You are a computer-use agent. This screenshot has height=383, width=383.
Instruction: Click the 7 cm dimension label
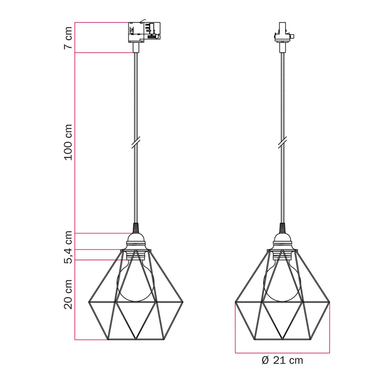(68, 38)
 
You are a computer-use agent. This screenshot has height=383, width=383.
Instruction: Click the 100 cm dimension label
(68, 143)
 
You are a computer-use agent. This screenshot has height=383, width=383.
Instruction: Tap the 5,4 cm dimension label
(68, 247)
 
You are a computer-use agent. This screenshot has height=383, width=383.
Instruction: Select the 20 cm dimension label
(68, 295)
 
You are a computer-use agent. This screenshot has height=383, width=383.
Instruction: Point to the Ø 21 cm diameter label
(282, 360)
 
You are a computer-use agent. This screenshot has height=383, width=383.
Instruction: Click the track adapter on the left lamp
(144, 32)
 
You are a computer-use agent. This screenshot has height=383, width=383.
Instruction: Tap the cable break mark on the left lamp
(135, 143)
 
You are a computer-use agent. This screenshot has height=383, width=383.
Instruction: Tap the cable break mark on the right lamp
(282, 143)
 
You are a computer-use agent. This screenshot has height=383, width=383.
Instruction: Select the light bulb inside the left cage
(135, 281)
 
